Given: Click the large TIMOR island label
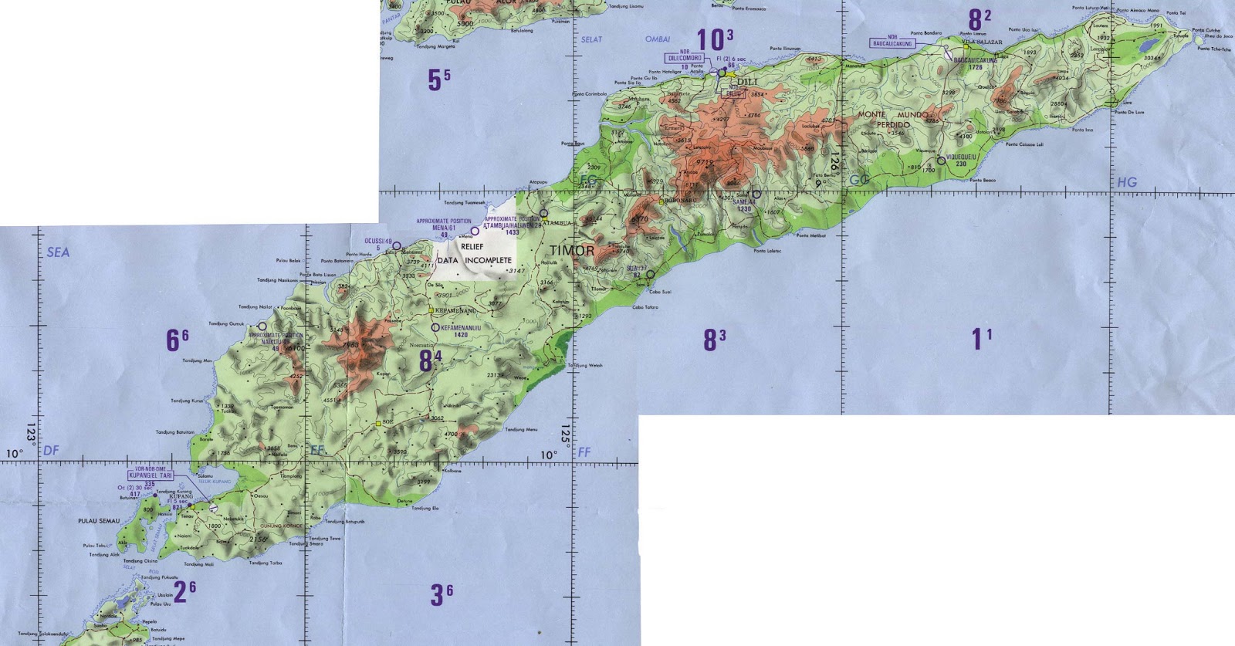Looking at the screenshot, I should tap(572, 251).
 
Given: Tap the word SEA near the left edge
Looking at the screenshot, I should tap(58, 252).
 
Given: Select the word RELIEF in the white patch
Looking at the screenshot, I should tap(471, 246).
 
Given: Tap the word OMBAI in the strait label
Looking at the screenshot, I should tap(658, 39).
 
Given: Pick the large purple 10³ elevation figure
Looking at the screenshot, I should tap(714, 39).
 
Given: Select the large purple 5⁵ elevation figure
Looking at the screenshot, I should tap(439, 79).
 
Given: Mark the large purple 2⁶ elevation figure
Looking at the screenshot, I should tap(184, 591).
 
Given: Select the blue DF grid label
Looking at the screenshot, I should tap(52, 450).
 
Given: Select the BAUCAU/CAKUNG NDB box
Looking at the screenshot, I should tap(892, 42).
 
